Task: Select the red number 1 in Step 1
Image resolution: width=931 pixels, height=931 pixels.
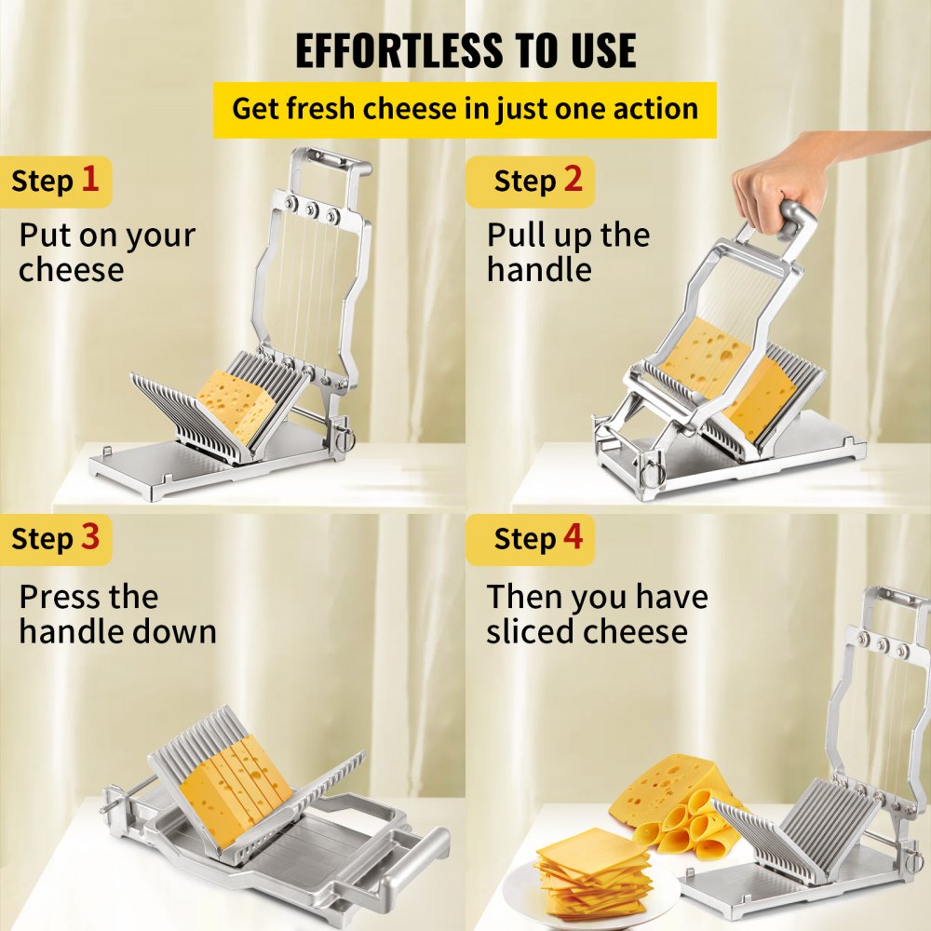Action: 89,179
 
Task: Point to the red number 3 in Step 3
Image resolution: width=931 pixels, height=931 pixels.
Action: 89,537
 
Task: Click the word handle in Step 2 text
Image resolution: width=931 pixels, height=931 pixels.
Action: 539,270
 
